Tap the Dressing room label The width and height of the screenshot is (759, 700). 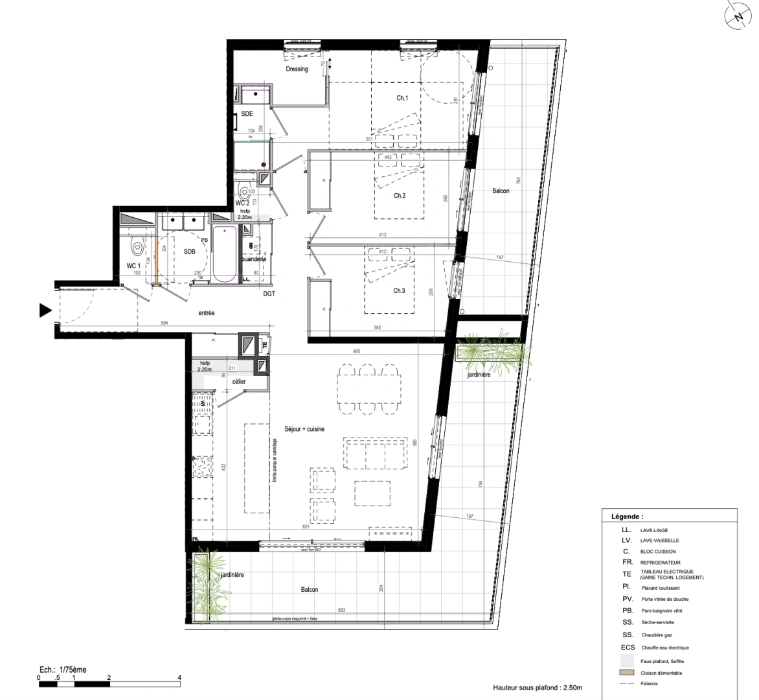pyautogui.click(x=297, y=69)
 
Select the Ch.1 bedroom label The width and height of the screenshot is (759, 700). pyautogui.click(x=402, y=99)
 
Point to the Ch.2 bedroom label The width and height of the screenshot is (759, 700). pyautogui.click(x=400, y=196)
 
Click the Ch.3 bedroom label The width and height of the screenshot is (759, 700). pyautogui.click(x=399, y=291)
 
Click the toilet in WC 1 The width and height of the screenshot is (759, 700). pyautogui.click(x=136, y=246)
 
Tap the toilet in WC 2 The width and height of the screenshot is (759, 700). pyautogui.click(x=244, y=191)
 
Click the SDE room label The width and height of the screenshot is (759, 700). pyautogui.click(x=247, y=114)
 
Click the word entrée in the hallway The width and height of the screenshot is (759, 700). pyautogui.click(x=207, y=313)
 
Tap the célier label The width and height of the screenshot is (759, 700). pyautogui.click(x=239, y=382)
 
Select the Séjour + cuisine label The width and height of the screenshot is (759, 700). pyautogui.click(x=304, y=429)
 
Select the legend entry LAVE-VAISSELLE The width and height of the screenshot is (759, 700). pyautogui.click(x=660, y=541)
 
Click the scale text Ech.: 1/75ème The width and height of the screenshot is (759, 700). pyautogui.click(x=63, y=670)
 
